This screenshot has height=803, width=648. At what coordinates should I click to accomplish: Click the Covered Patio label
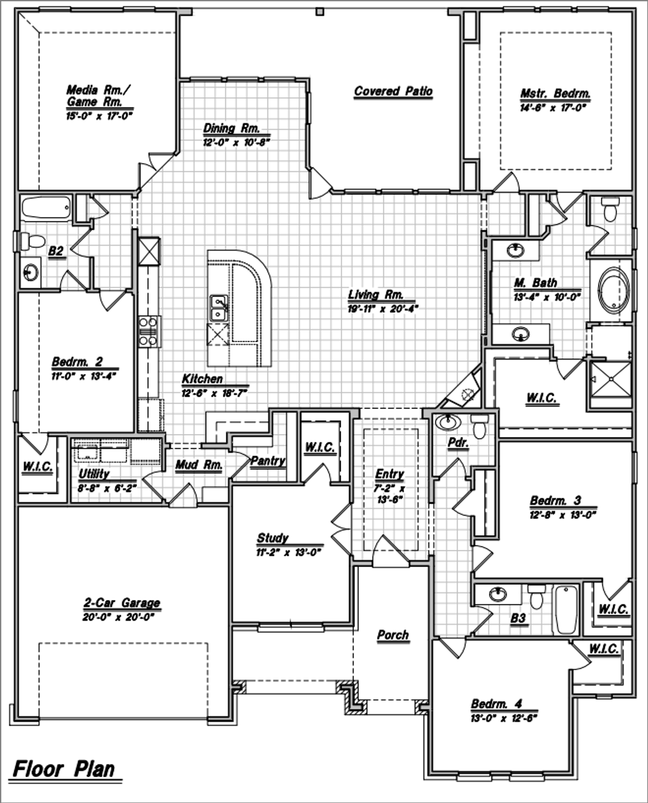pos(393,92)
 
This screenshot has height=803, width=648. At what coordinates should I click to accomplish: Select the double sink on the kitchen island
pos(219,308)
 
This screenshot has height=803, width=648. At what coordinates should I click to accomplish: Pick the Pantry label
pos(268,461)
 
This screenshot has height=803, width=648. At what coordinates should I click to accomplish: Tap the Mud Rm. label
pos(199,465)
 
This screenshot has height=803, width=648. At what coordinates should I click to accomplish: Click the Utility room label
pos(94,474)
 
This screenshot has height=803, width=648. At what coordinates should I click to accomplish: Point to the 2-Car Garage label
pos(122,603)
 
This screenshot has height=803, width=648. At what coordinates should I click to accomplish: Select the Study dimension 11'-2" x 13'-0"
pos(289,552)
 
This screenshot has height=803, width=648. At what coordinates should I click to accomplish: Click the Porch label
pos(393,635)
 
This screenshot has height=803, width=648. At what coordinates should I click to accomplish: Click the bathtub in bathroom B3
pos(565,609)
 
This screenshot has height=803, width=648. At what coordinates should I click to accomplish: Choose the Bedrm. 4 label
pos(496,704)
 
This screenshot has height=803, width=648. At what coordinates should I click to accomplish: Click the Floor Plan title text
pos(64,769)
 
